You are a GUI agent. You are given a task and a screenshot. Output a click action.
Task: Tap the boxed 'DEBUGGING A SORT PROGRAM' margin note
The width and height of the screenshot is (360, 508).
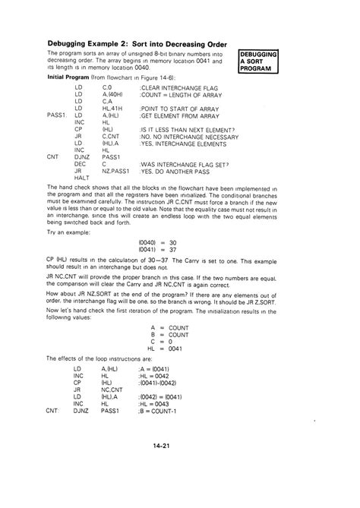[259, 62]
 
